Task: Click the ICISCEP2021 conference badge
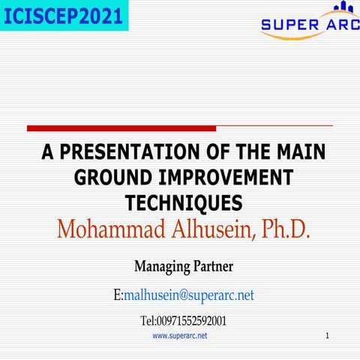64,15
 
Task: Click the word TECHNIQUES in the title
184,202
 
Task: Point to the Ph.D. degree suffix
283,228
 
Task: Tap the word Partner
214,265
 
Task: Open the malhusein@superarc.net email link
189,295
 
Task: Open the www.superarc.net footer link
180,336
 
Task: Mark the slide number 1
328,336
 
